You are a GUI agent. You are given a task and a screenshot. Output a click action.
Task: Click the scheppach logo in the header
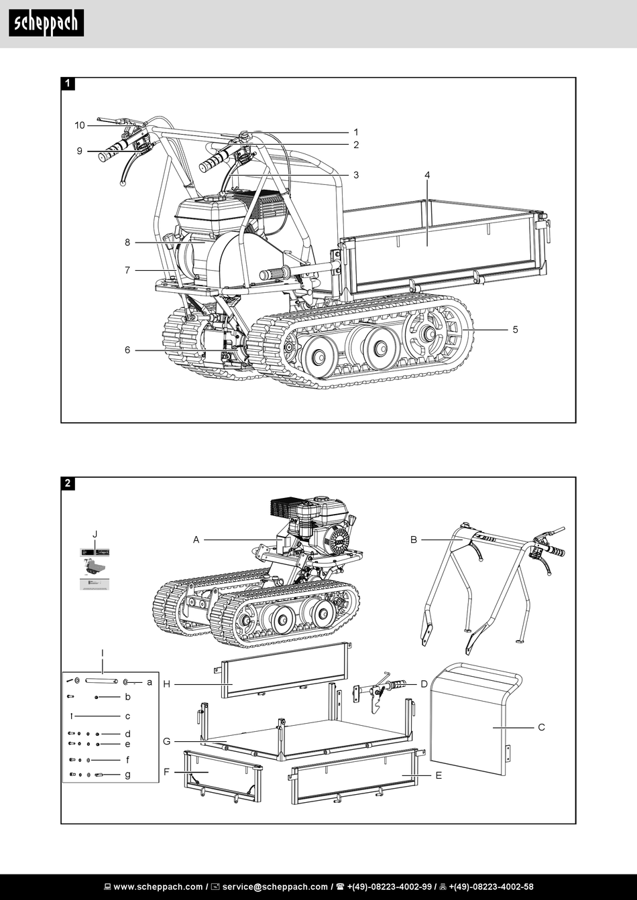coord(46,23)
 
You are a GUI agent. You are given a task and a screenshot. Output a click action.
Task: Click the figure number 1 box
coord(68,84)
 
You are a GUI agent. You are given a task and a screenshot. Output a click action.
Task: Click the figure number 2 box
coord(68,483)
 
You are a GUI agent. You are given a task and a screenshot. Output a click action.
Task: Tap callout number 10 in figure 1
coord(80,125)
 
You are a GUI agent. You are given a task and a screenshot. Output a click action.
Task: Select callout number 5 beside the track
coord(515,330)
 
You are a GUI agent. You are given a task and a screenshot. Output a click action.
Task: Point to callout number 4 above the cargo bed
coord(427,175)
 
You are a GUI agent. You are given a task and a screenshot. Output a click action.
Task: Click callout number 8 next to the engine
coord(127,243)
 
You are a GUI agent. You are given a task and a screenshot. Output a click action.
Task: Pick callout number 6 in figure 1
coord(127,350)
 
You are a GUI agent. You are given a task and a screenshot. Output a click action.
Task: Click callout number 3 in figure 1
coord(356,175)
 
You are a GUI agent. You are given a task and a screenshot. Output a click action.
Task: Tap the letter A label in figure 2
coord(196,539)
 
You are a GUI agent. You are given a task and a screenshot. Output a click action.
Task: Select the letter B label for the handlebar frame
coord(414,539)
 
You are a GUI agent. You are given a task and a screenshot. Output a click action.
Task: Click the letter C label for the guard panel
coord(541,727)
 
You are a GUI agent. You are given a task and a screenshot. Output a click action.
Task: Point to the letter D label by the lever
coord(424,684)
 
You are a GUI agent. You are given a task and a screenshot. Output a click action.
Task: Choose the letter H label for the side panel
coord(167,684)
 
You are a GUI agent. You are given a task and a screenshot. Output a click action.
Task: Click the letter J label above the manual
coord(95,533)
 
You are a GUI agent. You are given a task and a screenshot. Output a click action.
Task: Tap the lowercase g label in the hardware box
coord(127,775)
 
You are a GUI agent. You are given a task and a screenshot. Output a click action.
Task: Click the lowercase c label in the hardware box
coord(127,716)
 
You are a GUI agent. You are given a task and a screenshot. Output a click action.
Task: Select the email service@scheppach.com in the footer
coord(275,887)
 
